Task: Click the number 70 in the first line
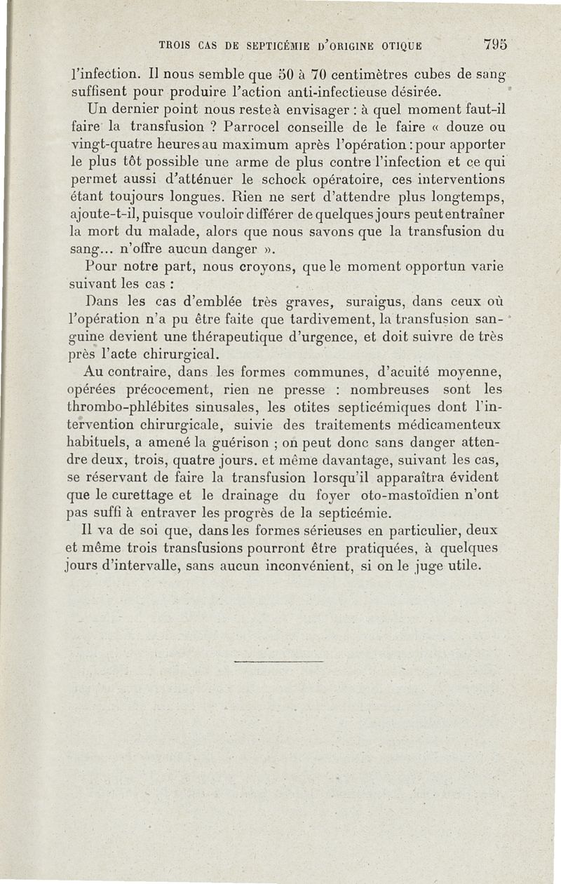[x=321, y=72]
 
